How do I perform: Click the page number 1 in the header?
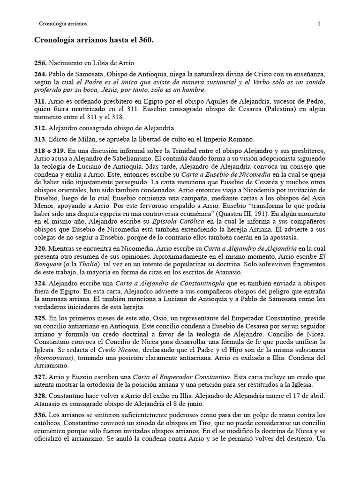click(x=319, y=23)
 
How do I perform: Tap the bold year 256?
click(x=41, y=63)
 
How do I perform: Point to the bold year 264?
click(x=41, y=75)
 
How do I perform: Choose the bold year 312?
click(x=41, y=127)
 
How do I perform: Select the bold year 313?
click(x=41, y=139)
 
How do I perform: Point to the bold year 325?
click(x=41, y=318)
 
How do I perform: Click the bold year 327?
click(x=41, y=376)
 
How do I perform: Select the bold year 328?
click(x=41, y=396)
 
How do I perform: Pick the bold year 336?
click(x=41, y=415)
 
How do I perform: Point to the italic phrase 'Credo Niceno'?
click(x=114, y=350)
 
